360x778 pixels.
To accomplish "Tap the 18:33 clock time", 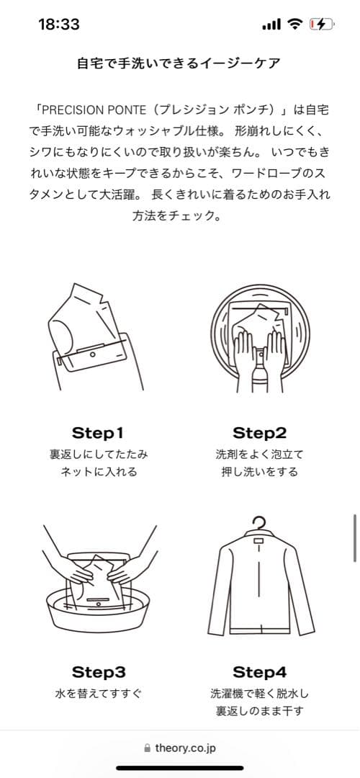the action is (x=59, y=24).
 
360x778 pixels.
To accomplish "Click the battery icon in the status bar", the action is (x=322, y=24).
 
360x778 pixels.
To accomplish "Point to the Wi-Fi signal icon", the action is (x=294, y=24).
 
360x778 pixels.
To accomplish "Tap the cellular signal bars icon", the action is (x=271, y=24).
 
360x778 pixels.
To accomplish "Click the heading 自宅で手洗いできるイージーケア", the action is (x=179, y=63).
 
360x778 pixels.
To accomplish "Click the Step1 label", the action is (x=97, y=433).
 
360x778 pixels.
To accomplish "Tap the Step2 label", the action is (x=259, y=433).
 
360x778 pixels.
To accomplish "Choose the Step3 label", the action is (x=98, y=672).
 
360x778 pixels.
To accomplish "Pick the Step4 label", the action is (x=259, y=672).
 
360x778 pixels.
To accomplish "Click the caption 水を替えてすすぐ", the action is (x=98, y=694).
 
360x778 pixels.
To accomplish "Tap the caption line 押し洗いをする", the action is (x=259, y=471).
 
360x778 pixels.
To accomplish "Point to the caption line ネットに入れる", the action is (x=98, y=471).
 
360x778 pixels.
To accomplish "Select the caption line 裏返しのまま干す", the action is (x=259, y=710).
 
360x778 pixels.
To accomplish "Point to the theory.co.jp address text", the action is (x=186, y=748).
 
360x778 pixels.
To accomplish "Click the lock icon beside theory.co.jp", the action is (x=147, y=748).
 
